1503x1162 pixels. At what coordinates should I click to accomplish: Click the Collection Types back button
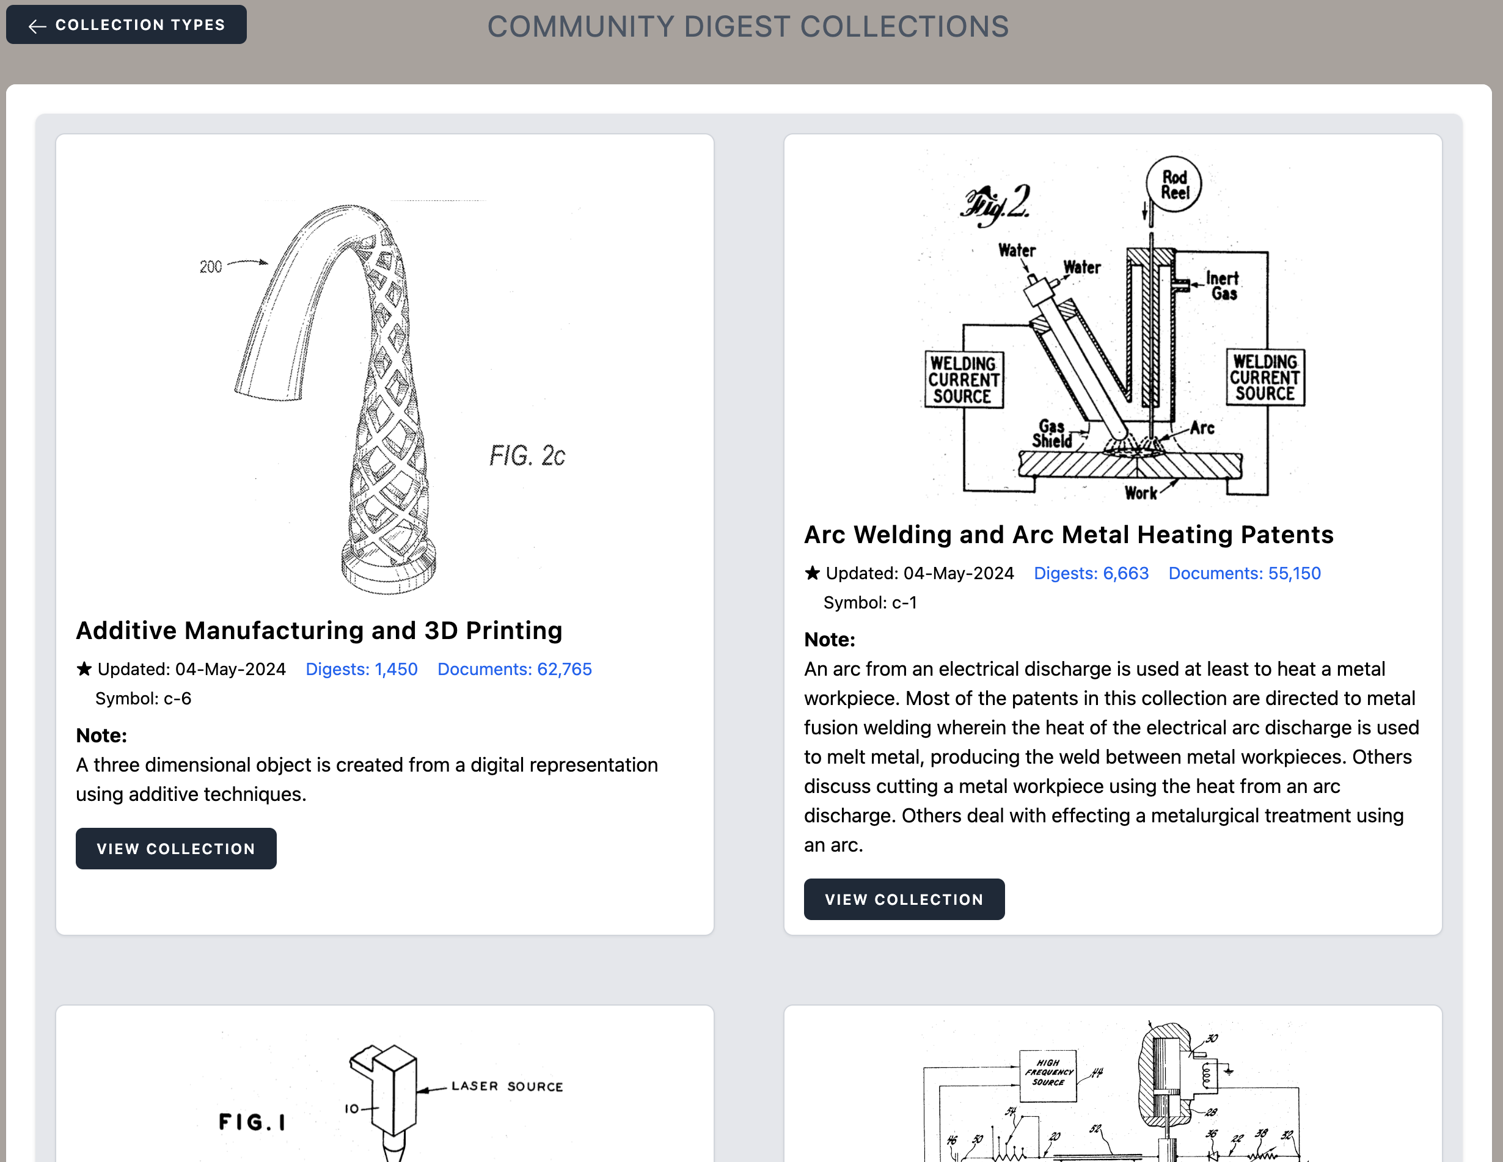point(126,25)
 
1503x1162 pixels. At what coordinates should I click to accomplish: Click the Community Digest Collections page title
point(747,27)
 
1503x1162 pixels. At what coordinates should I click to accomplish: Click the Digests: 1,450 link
point(361,669)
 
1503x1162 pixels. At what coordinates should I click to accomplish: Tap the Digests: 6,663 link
point(1091,573)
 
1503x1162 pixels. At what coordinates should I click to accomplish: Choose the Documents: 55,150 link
point(1244,573)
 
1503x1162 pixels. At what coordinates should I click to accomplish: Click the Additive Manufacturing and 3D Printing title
point(319,630)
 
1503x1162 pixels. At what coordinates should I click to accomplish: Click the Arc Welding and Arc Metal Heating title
point(1068,535)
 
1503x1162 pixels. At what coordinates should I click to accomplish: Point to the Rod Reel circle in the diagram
point(1174,185)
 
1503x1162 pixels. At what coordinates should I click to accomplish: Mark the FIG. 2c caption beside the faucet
point(527,455)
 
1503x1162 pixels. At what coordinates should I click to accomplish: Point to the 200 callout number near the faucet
point(211,267)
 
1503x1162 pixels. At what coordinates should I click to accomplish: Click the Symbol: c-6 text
point(143,698)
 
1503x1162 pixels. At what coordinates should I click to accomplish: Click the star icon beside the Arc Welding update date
point(812,572)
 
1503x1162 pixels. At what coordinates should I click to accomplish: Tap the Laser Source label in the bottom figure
point(506,1086)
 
